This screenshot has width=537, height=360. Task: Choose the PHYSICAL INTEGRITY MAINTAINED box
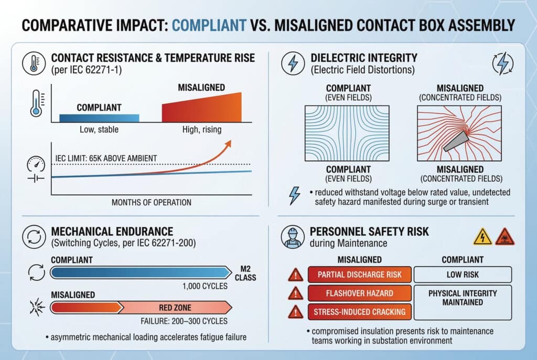[463, 302]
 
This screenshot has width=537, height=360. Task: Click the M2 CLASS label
[245, 273]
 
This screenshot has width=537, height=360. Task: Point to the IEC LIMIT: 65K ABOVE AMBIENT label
[106, 158]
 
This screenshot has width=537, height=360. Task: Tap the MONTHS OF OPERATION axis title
[152, 202]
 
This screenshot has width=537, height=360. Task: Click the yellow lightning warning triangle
[482, 237]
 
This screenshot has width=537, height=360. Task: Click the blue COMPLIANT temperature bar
[99, 118]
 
